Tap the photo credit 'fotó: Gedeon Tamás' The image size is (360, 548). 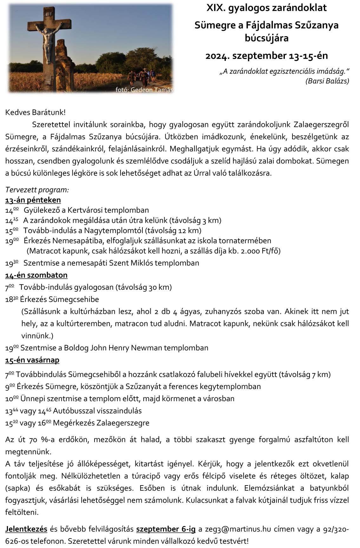pos(145,90)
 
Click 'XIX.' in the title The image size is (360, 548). pos(216,8)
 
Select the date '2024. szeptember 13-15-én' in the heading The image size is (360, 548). pos(266,56)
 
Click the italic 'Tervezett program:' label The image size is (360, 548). pos(37,190)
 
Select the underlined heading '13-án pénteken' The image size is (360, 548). pos(33,200)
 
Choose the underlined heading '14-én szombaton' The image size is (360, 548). pos(36,275)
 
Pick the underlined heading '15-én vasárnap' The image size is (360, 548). pos(32,360)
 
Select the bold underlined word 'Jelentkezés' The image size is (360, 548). pos(26,529)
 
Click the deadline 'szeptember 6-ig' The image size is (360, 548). pos(166,529)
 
